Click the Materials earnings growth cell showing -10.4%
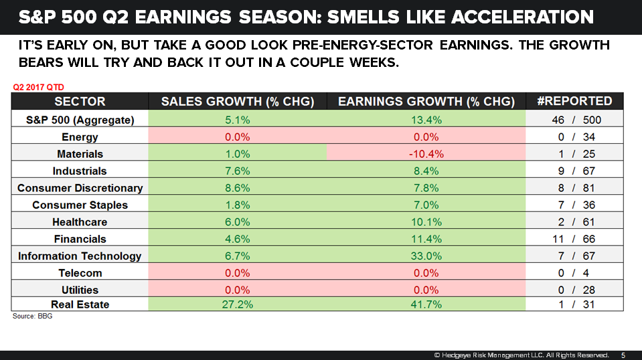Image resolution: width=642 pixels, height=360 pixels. click(x=426, y=154)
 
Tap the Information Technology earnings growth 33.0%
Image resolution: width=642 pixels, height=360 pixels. click(x=426, y=256)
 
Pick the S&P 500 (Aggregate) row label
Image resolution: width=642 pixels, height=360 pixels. click(x=80, y=120)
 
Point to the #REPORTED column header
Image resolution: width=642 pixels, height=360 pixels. click(x=574, y=101)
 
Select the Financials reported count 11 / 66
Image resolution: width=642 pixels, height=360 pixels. click(x=574, y=239)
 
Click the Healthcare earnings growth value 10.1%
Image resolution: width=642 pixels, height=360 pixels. click(x=426, y=221)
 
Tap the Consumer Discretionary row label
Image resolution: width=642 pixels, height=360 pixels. click(x=80, y=188)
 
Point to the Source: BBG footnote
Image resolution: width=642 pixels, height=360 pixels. click(x=32, y=316)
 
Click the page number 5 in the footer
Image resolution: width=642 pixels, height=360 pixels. click(x=623, y=355)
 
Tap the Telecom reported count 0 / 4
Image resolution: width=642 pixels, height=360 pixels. click(x=574, y=273)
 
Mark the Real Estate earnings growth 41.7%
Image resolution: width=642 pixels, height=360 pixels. click(x=426, y=304)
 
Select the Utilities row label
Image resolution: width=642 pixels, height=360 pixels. click(x=80, y=290)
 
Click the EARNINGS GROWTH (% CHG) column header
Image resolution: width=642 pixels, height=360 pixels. click(x=426, y=102)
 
